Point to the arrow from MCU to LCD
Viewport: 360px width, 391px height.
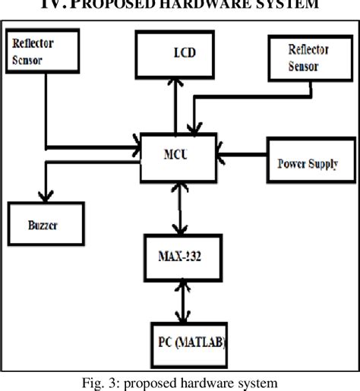pyautogui.click(x=176, y=106)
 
